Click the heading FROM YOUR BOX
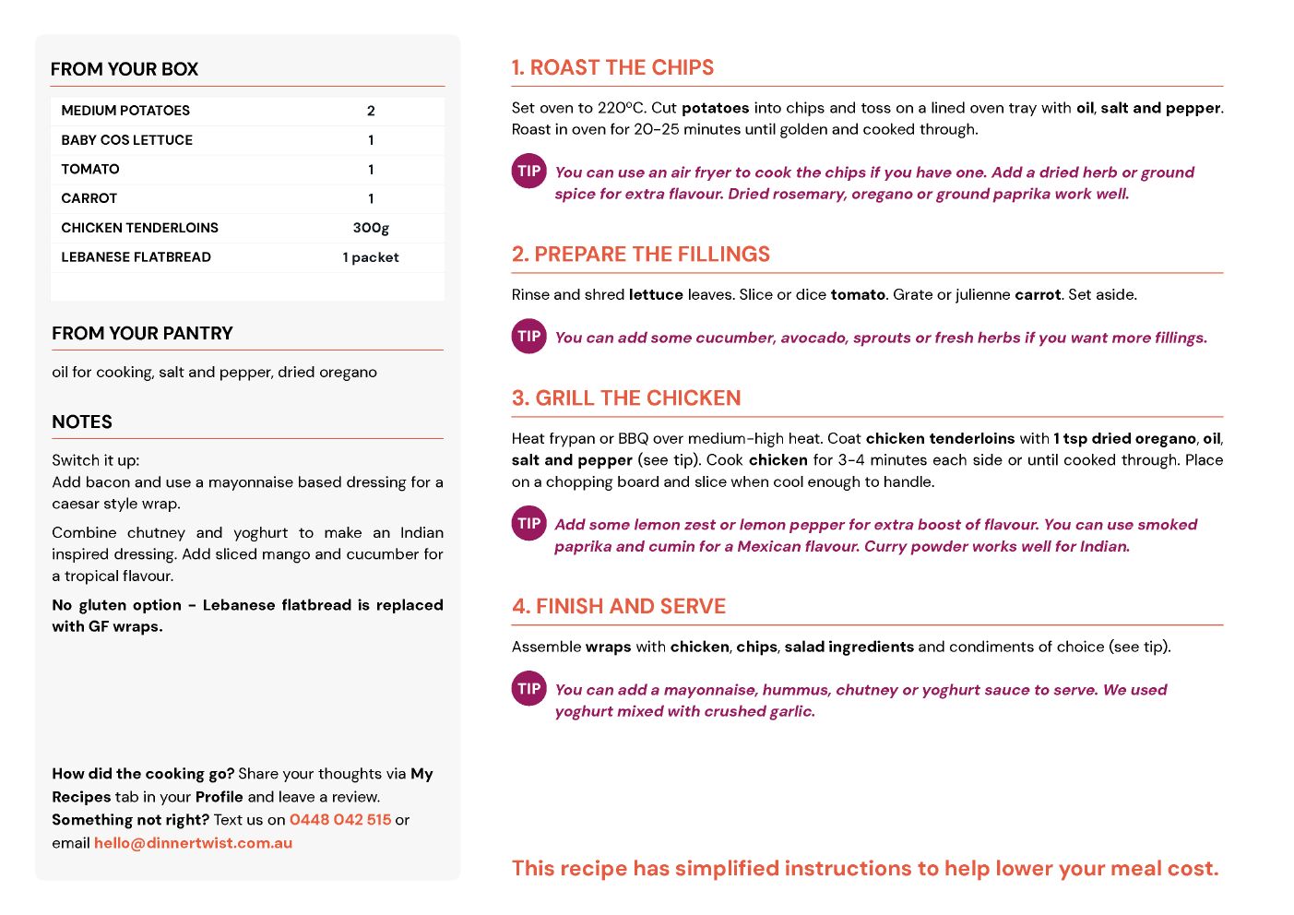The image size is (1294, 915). coord(125,69)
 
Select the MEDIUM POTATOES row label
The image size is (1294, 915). coord(125,111)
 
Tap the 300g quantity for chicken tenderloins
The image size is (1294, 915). coord(371,228)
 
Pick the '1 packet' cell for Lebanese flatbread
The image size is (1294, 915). coord(371,257)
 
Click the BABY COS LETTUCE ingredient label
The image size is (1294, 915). coord(127,140)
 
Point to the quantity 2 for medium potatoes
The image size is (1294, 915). coord(371,111)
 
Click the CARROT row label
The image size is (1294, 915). coord(89,198)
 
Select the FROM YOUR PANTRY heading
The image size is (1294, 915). coord(142,333)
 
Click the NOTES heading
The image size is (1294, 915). coord(82,422)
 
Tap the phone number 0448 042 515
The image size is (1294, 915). coord(340,819)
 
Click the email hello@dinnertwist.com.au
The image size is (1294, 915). coord(193,842)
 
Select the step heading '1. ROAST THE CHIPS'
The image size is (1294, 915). coord(612,67)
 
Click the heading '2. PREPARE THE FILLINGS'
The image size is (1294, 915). coord(641,254)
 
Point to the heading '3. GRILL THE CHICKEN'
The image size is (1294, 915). coord(626,398)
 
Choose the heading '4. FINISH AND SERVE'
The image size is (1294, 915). coord(619,606)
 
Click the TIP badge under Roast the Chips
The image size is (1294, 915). coord(529,171)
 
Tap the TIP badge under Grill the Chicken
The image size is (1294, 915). coord(529,523)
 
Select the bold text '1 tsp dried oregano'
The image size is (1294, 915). coord(1124,438)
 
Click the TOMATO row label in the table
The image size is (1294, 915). coord(90,169)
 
